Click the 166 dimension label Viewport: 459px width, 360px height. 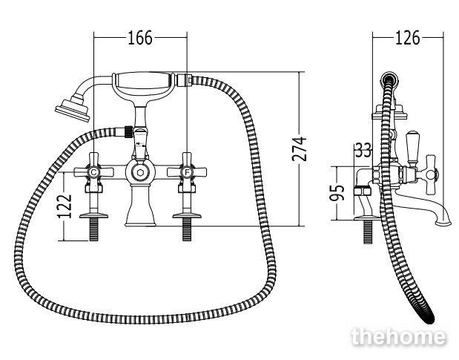click(140, 38)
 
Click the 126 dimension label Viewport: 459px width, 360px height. click(407, 38)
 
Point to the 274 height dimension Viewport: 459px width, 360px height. click(299, 148)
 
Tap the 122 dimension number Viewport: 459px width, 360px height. click(65, 206)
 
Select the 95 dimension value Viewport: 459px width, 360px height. click(337, 192)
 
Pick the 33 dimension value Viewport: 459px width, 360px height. click(363, 150)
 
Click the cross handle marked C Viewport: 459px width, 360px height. click(93, 172)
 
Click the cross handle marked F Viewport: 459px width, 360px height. click(187, 172)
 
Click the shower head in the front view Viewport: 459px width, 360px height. click(73, 108)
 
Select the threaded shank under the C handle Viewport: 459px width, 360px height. click(93, 230)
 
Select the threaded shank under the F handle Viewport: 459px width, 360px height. click(187, 230)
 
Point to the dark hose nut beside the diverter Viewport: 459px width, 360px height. click(129, 131)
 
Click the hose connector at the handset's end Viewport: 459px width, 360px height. click(185, 79)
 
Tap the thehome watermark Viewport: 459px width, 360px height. click(399, 337)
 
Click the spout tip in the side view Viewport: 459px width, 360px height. click(443, 223)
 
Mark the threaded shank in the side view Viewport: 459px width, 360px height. click(367, 232)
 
